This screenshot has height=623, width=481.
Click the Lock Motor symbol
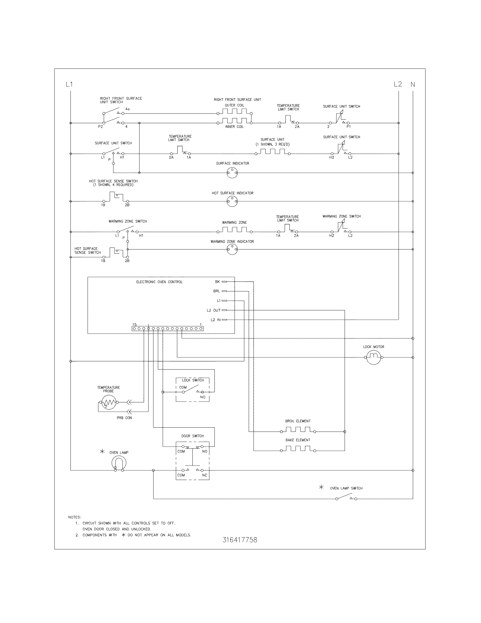pos(373,357)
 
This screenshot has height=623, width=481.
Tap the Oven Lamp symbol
pos(119,463)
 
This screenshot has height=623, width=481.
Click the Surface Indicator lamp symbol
pos(232,172)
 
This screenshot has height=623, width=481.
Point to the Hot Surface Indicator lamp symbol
pos(232,201)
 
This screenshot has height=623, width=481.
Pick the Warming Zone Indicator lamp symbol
pos(232,249)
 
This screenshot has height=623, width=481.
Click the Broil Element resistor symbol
pos(298,431)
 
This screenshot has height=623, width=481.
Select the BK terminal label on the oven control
pos(217,282)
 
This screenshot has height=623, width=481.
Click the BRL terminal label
pos(216,291)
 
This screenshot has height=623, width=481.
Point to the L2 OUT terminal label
pos(213,310)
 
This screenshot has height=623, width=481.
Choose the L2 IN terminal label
pos(215,320)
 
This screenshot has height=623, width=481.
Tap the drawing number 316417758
pos(240,540)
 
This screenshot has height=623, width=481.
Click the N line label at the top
pos(413,84)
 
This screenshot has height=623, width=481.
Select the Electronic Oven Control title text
pos(159,282)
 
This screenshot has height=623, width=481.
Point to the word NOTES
pos(75,517)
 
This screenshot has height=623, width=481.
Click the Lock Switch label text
pos(193,380)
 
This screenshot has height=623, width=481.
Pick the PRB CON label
pos(124,418)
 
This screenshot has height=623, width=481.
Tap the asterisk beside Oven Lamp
pos(102,452)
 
